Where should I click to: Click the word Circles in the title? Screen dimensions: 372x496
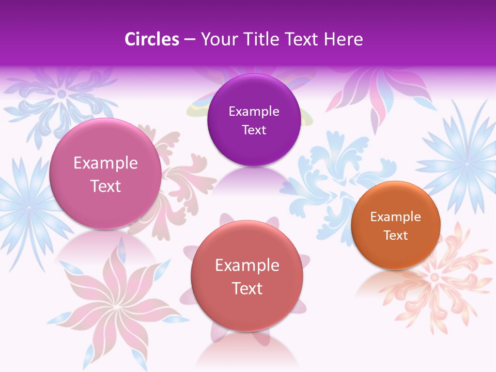tap(152, 39)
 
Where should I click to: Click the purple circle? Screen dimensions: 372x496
tap(254, 120)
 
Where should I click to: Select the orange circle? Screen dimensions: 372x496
tap(396, 225)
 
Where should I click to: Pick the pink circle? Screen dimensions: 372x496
tap(105, 174)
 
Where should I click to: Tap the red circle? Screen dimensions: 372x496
tap(247, 276)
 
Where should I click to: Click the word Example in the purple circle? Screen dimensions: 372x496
tap(254, 111)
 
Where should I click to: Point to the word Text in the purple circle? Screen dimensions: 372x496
tap(254, 130)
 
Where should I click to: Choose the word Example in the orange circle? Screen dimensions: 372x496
tap(396, 216)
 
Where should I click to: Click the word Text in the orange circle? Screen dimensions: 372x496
tap(396, 235)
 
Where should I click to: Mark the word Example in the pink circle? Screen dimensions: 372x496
tap(105, 163)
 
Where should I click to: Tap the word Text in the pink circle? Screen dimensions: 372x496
tap(105, 186)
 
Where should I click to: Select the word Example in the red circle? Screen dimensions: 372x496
tap(247, 265)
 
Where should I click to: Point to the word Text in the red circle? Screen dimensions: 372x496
tap(247, 288)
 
